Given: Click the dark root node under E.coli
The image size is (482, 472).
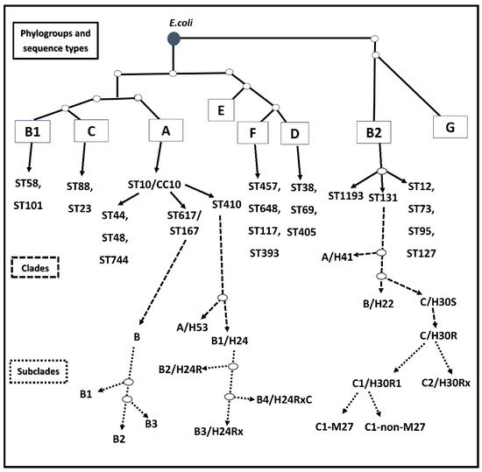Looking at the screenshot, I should (174, 37).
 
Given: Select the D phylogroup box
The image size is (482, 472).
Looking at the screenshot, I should (295, 134).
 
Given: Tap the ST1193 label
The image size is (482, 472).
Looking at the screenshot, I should (349, 194).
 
